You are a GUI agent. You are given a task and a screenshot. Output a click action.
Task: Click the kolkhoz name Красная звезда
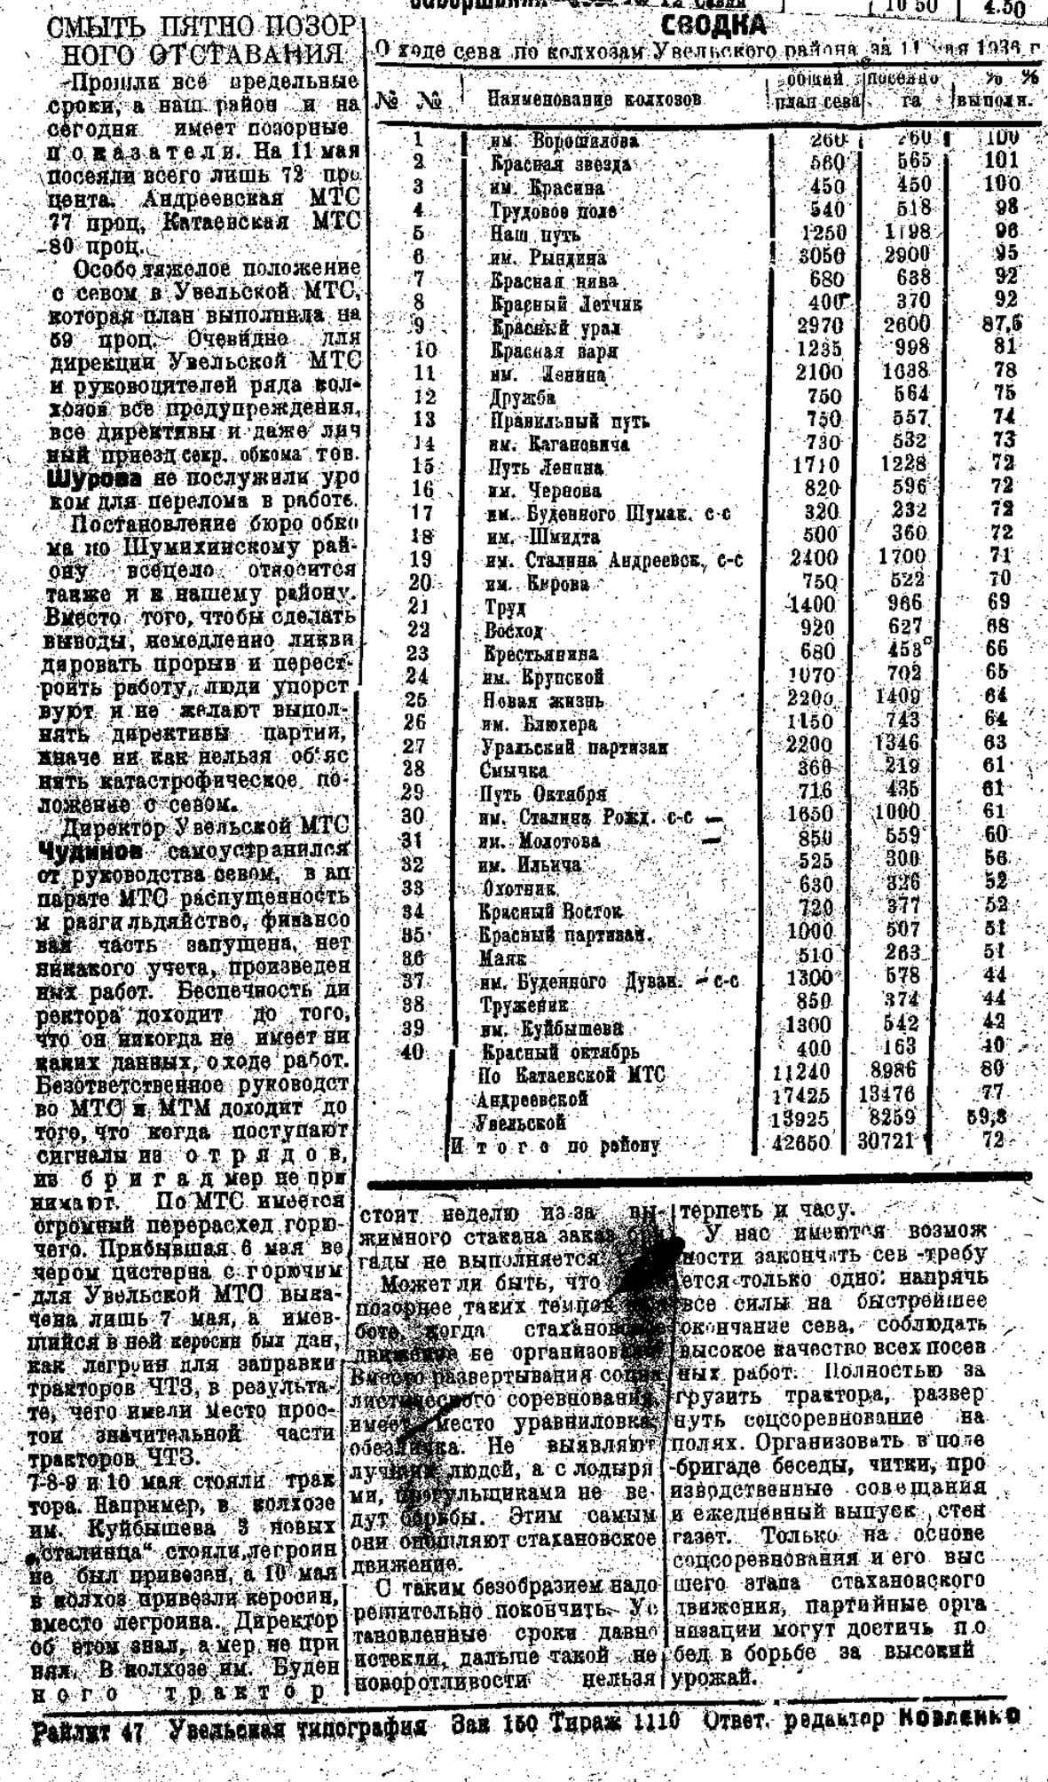[561, 165]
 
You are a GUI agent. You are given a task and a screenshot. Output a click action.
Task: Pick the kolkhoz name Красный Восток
[551, 911]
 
